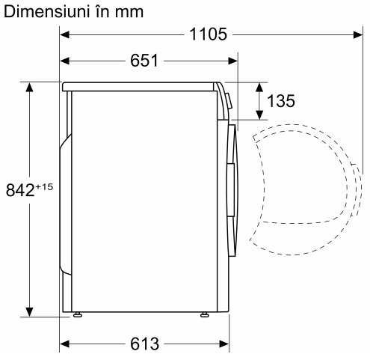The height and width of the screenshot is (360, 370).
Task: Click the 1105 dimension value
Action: point(208,34)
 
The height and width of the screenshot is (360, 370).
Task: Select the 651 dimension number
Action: point(144,61)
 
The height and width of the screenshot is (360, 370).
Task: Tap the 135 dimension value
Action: point(281,101)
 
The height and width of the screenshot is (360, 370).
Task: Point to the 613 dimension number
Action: point(144,344)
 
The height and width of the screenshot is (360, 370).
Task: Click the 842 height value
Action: point(20,190)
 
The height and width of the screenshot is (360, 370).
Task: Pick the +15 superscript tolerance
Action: point(45,186)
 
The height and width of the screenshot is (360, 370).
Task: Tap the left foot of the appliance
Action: point(78,314)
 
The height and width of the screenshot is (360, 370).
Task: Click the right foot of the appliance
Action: point(205,314)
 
